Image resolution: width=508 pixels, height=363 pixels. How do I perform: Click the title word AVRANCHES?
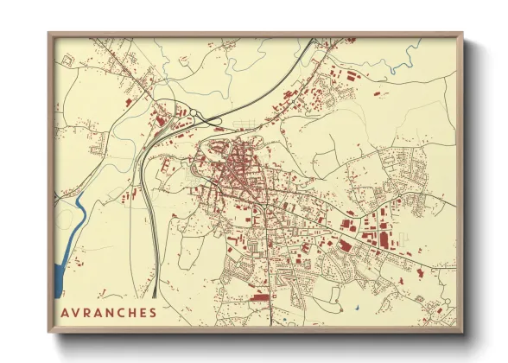coord(110,311)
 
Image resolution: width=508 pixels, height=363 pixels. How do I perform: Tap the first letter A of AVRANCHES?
coord(66,311)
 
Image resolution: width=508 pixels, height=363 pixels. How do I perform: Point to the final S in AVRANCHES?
coord(153,311)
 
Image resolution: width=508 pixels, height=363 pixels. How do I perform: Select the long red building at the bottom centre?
coord(260,296)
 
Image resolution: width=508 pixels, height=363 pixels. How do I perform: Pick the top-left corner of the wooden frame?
coord(50,35)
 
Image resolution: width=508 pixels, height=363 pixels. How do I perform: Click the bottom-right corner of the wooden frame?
coord(461,331)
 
